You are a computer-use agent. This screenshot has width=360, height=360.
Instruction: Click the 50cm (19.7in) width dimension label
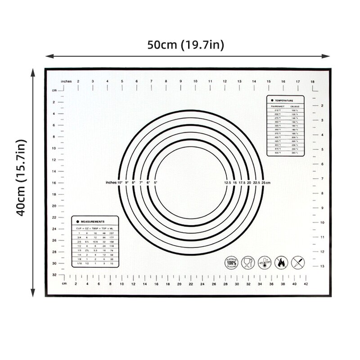tap(186, 45)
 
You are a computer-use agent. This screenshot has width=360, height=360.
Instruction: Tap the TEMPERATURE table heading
tap(284, 101)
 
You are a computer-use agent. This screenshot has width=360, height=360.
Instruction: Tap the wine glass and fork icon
tap(247, 262)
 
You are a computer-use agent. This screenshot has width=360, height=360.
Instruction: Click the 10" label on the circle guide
tap(120, 183)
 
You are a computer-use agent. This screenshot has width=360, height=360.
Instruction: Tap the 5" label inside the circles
tap(155, 183)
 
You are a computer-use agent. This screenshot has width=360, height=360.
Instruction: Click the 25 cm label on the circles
tap(265, 183)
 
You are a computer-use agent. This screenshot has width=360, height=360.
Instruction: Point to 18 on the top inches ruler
tap(312, 81)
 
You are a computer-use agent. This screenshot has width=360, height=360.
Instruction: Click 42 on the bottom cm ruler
tap(306, 284)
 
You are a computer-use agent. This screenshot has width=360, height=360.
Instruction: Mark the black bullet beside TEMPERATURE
tap(272, 101)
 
